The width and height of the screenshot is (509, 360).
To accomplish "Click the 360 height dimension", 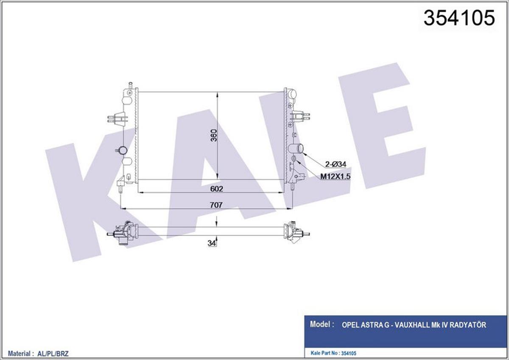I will pyautogui.click(x=214, y=135).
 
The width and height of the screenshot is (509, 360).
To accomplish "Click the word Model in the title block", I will pyautogui.click(x=321, y=325).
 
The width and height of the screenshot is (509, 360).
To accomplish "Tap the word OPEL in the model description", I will pyautogui.click(x=351, y=325).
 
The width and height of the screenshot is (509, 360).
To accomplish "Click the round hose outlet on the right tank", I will pyautogui.click(x=297, y=149).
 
